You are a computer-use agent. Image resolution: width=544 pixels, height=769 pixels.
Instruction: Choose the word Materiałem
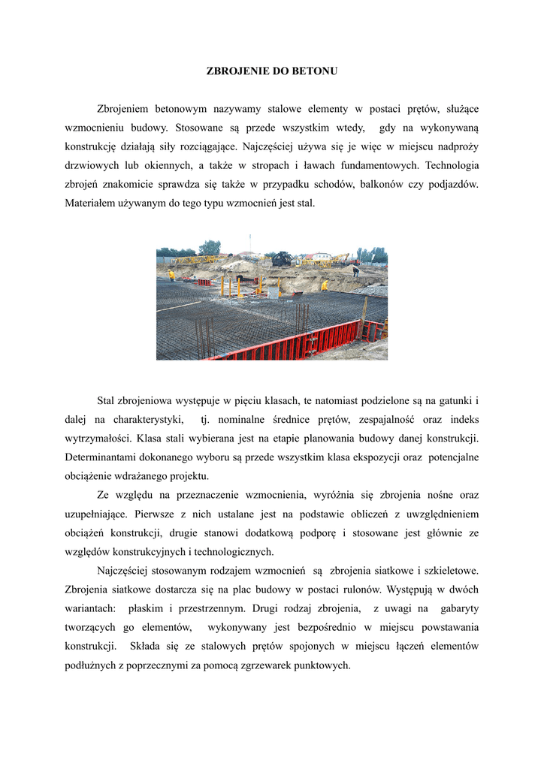tap(92, 203)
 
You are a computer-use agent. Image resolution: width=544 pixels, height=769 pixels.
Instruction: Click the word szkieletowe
tap(448, 570)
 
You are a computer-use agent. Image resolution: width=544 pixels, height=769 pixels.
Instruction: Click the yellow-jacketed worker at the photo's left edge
tap(171, 276)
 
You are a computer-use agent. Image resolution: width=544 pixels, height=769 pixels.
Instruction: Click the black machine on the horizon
tap(282, 258)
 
